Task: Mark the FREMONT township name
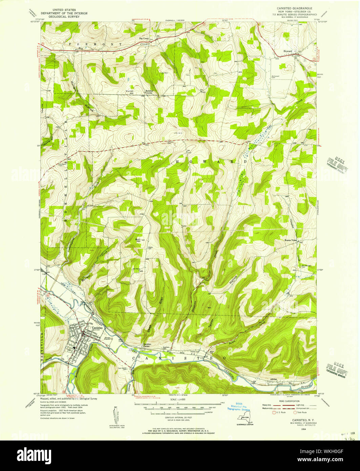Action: (x=91, y=44)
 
